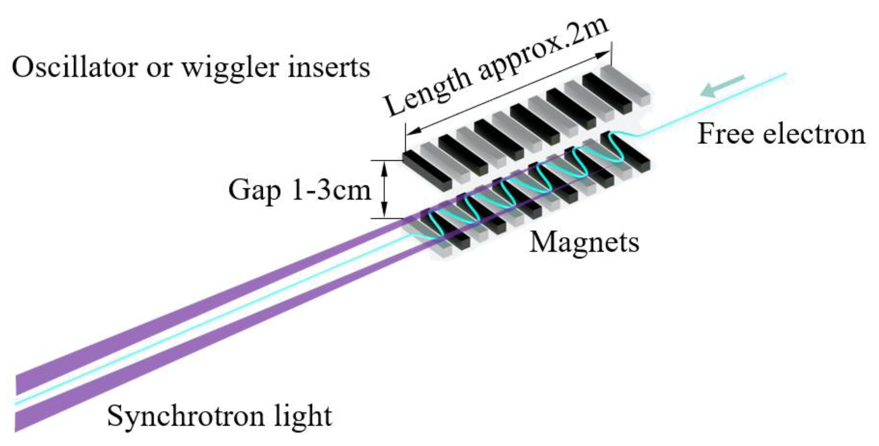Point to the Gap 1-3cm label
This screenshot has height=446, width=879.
[x=299, y=190]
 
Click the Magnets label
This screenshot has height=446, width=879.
[x=584, y=242]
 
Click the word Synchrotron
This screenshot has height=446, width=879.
[x=186, y=416]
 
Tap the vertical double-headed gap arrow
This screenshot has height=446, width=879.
[x=384, y=189]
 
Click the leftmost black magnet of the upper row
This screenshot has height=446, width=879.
[x=427, y=170]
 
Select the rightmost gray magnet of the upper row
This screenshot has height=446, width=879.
[x=625, y=84]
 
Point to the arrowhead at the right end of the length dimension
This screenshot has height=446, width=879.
[x=603, y=55]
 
